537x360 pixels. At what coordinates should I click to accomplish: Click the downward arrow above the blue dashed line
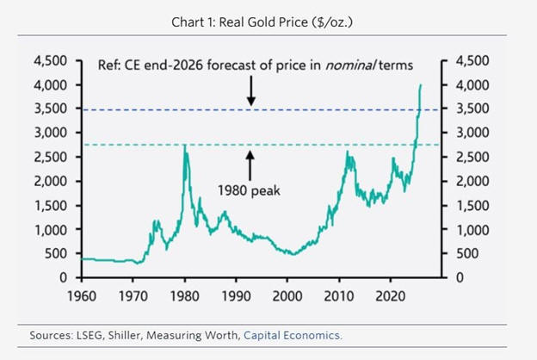tap(251, 90)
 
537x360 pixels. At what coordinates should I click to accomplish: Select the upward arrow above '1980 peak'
tap(251, 164)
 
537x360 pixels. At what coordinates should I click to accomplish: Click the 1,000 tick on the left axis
tap(53, 229)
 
